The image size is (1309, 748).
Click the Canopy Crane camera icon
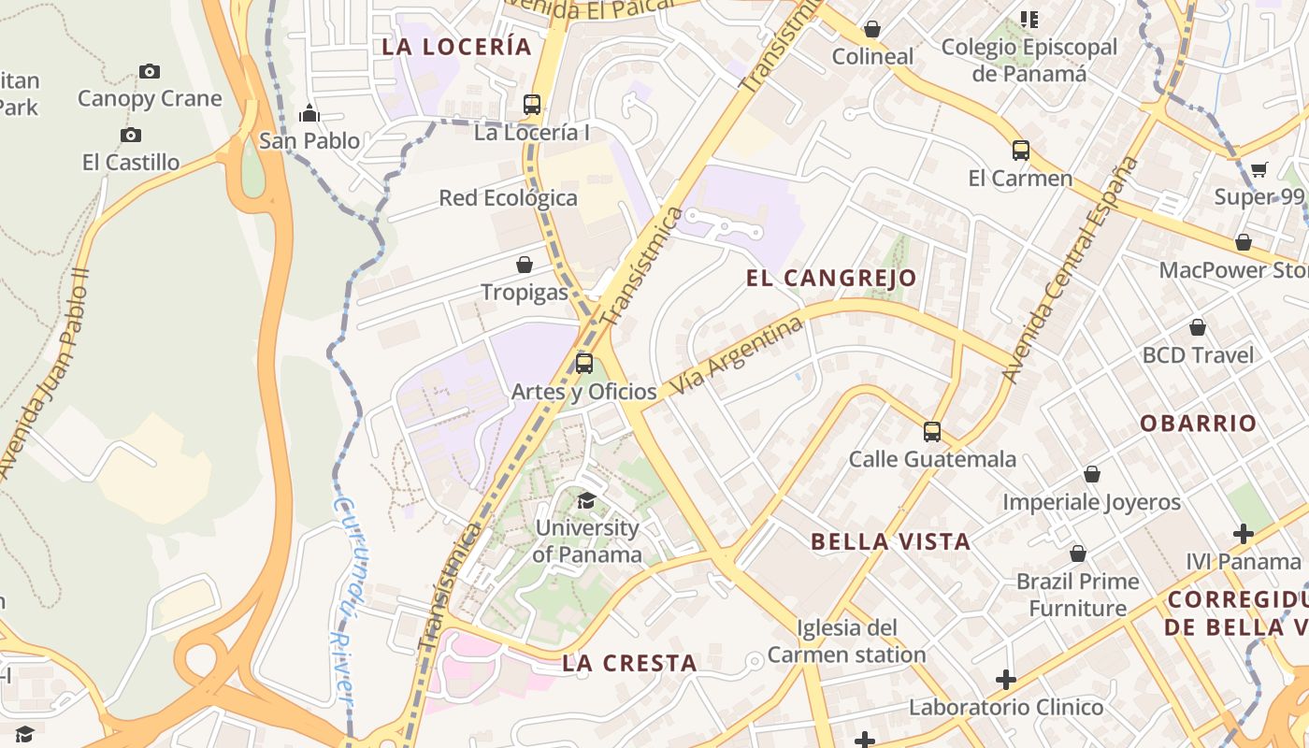tap(149, 71)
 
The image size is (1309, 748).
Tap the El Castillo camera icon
tap(131, 136)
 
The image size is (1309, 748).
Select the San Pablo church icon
tap(309, 114)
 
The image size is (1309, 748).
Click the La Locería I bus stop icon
tap(532, 105)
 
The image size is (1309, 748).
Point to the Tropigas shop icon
tap(525, 265)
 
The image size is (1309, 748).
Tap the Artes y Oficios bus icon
tap(584, 364)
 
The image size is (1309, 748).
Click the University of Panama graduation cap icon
tap(587, 501)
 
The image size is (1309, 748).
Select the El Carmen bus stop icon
tap(1021, 151)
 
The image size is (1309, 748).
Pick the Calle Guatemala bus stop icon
tap(932, 432)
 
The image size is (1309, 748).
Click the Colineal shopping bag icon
tap(872, 29)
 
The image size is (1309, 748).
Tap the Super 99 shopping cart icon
tap(1259, 170)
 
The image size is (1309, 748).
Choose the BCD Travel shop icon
tap(1198, 327)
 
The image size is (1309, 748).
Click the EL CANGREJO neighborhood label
tap(831, 278)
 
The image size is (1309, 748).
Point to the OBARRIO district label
tap(1198, 424)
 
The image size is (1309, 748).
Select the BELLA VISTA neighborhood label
tap(890, 541)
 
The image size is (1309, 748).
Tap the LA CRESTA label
tap(629, 664)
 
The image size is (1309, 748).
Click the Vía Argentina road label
tap(737, 354)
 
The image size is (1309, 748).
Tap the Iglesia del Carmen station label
tap(846, 640)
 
